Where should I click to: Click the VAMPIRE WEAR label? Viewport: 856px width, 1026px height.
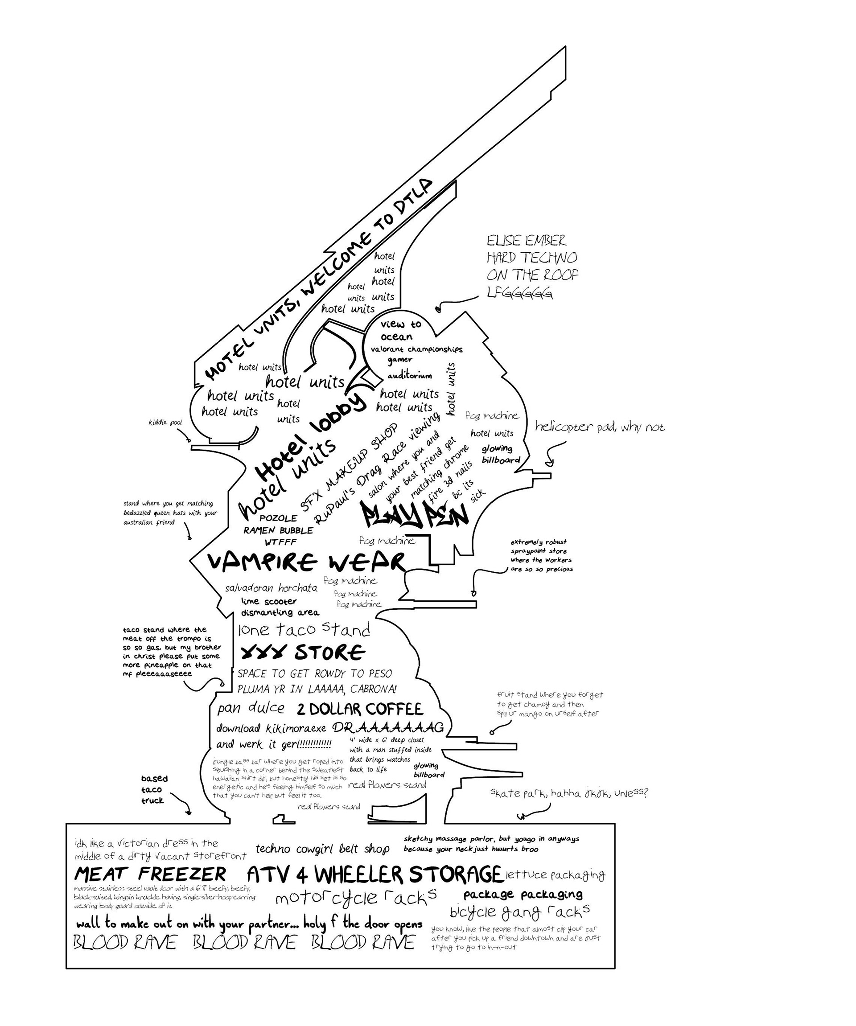click(306, 562)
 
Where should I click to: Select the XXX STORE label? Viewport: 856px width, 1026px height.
click(303, 652)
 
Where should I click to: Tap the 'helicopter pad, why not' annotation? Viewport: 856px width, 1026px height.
click(600, 427)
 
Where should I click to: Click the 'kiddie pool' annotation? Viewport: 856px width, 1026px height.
click(165, 422)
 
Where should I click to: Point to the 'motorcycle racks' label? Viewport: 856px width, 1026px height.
click(356, 897)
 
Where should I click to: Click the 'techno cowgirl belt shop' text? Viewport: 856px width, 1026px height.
click(322, 849)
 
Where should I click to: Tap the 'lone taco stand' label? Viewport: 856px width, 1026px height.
click(304, 630)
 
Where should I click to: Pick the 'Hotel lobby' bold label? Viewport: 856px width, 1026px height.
click(311, 436)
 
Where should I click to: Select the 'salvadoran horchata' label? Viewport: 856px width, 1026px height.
click(271, 588)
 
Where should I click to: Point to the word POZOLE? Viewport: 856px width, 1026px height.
click(278, 518)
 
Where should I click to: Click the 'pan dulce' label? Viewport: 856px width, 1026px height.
click(251, 708)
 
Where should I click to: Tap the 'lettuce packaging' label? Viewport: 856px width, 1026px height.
click(556, 875)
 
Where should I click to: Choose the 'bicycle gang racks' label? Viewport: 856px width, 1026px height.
click(519, 911)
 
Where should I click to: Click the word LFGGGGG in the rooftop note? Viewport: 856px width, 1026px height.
click(520, 292)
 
